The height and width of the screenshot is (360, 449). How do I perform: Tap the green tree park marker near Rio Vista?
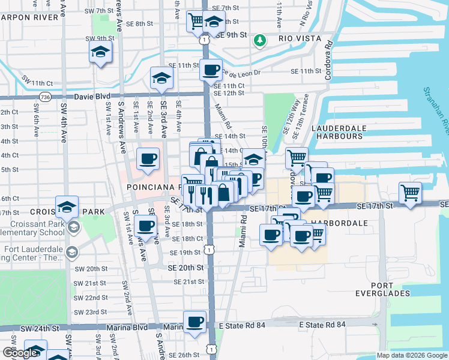[x=259, y=40]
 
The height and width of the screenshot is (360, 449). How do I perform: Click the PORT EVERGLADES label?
[x=390, y=289]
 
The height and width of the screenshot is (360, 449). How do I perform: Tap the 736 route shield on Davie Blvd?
[x=45, y=97]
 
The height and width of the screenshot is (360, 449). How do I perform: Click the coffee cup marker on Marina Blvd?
[x=194, y=322]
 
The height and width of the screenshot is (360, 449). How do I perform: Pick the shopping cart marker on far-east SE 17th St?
[x=410, y=193]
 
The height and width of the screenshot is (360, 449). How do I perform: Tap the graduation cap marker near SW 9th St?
[x=100, y=52]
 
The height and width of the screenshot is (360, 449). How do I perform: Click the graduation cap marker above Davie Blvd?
[x=161, y=78]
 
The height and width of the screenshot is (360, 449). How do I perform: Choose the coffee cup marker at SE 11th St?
[x=211, y=70]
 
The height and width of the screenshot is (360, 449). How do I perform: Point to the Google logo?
[x=20, y=353]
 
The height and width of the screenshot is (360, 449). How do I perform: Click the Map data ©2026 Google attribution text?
[x=411, y=355]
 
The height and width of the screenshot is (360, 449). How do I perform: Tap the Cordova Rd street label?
[x=328, y=60]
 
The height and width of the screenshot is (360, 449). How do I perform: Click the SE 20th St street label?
[x=187, y=267]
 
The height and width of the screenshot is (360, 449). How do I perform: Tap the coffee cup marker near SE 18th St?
[x=145, y=226]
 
